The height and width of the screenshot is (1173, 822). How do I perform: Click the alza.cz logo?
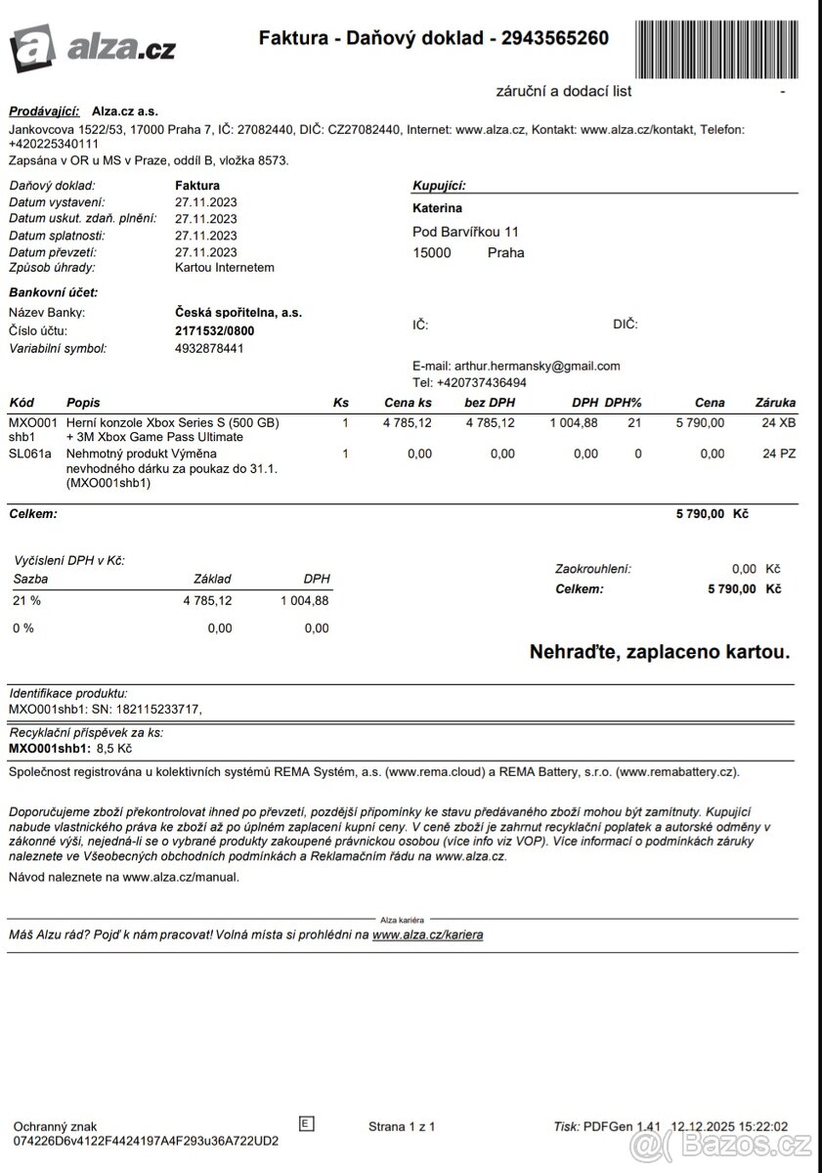pos(92,46)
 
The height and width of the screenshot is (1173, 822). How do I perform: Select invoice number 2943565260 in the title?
pos(554,38)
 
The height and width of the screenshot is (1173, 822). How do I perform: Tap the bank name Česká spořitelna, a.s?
pos(238,312)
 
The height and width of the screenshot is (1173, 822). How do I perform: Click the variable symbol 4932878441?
pos(209,348)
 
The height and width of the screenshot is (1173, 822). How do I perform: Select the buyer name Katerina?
pos(438,208)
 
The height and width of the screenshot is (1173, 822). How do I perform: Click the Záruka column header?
pos(775,402)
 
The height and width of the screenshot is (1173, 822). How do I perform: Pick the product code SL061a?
pos(29,454)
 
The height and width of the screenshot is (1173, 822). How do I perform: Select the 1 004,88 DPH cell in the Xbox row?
pos(575,422)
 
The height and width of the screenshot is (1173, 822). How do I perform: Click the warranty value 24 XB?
pos(779,422)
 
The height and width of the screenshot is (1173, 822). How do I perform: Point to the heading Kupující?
pos(439,185)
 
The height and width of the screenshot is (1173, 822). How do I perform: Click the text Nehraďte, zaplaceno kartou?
pos(659,651)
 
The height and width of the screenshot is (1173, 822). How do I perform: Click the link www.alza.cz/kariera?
pos(427,934)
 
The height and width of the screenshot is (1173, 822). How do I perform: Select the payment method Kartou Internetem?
pos(224,267)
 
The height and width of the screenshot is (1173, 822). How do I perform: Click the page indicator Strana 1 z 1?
pos(402,1126)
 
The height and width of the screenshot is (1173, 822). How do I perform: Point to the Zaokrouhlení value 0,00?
pos(744,568)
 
